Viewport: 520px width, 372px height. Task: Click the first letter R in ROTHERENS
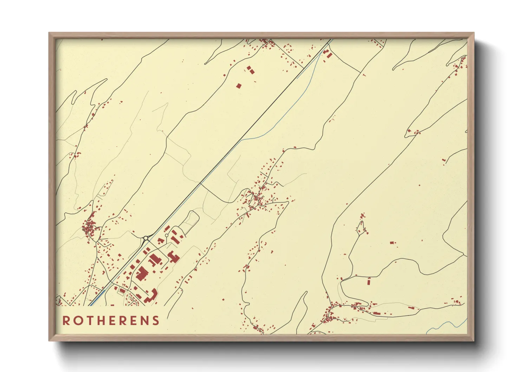tap(66, 321)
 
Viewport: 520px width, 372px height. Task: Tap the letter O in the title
tap(77, 321)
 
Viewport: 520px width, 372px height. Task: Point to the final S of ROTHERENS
tap(156, 321)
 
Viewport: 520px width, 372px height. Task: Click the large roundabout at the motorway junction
tap(145, 238)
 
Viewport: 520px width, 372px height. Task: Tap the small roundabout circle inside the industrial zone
tap(166, 235)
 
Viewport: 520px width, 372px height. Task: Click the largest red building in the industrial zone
tap(142, 274)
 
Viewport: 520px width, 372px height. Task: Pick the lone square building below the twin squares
tap(239, 85)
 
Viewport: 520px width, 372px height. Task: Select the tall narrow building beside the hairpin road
tap(369, 281)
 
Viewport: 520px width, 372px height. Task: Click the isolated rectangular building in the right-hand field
tap(392, 242)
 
